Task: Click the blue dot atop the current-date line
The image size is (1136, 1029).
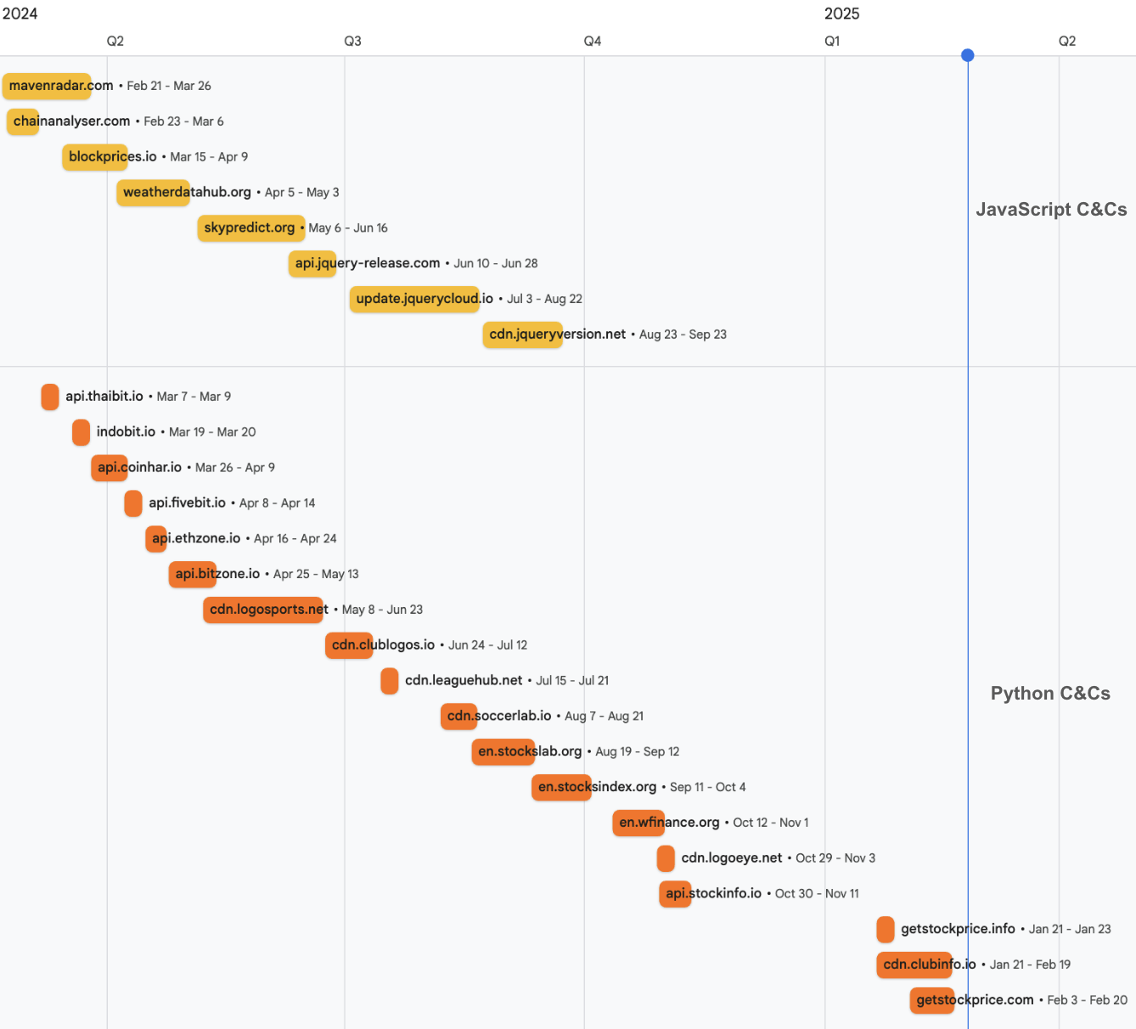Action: pos(968,55)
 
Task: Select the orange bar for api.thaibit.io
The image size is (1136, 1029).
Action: pos(50,396)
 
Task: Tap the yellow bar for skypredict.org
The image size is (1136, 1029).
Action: pos(250,228)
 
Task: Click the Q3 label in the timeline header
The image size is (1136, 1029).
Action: pos(352,41)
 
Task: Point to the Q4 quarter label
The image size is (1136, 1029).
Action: pos(593,41)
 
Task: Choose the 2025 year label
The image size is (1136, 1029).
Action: pos(841,14)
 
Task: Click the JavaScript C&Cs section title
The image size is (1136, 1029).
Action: pos(1051,210)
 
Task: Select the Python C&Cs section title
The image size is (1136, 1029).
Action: pos(1050,694)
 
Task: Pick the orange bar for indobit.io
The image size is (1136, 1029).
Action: pos(81,432)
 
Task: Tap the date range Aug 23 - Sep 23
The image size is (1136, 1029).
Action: pos(683,335)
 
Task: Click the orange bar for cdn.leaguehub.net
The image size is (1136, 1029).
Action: pos(390,681)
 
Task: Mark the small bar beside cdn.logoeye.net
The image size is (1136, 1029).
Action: pos(666,858)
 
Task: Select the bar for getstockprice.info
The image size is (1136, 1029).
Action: pos(886,930)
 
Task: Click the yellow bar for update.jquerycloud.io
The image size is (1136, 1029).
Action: pos(414,299)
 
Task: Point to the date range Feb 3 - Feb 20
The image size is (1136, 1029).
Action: pos(1087,1000)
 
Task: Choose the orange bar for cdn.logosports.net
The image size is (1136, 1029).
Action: pos(266,610)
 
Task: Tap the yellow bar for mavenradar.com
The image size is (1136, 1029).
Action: pos(47,86)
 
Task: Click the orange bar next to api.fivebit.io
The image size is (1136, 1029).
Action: pos(133,503)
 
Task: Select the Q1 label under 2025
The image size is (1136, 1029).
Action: pos(832,41)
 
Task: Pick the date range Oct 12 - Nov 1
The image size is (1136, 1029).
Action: pos(770,823)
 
